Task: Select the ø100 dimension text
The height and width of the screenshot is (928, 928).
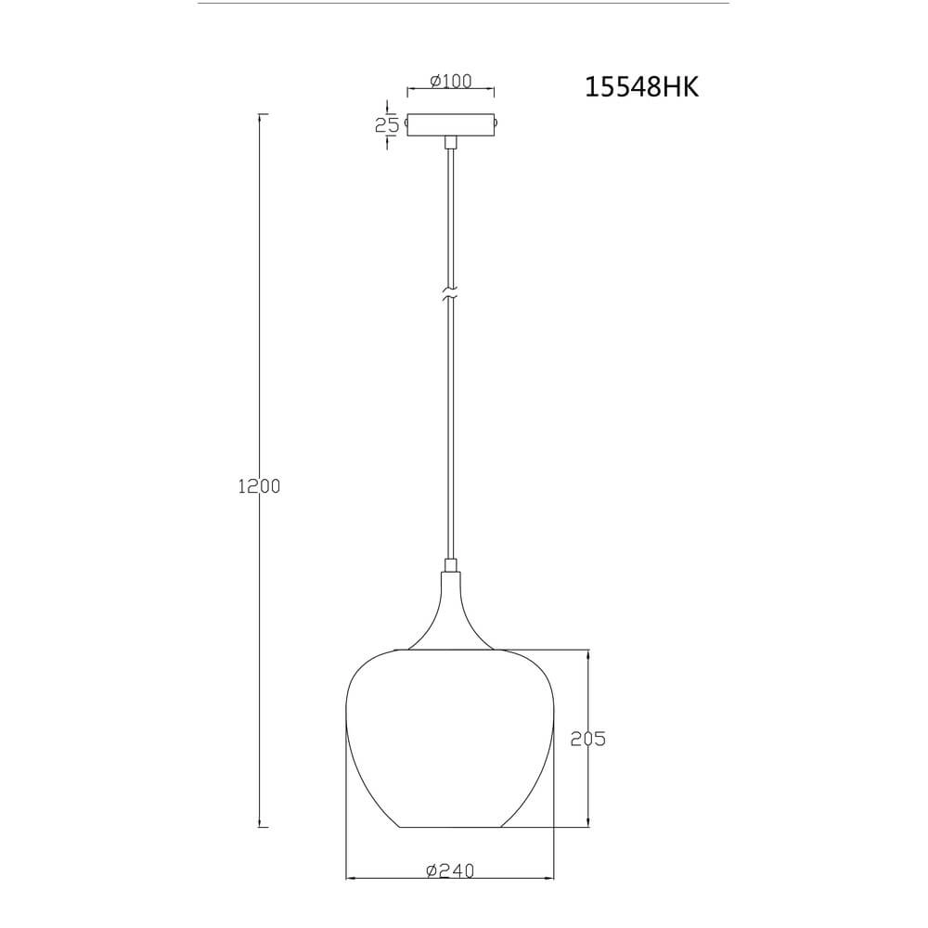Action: tap(451, 81)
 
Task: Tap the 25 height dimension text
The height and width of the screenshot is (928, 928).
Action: tap(387, 125)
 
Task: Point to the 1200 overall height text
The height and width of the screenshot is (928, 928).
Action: tap(259, 485)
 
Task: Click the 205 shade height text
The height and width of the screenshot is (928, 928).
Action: tap(587, 739)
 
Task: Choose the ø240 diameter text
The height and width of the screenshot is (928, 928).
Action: tap(450, 870)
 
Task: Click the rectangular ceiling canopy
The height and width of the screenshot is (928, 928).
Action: tap(451, 125)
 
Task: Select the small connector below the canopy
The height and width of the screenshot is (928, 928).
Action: tap(451, 142)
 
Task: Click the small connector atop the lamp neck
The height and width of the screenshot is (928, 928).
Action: tap(451, 564)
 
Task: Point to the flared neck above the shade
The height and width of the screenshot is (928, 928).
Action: tap(451, 612)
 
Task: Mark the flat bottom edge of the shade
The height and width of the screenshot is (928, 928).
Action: tap(451, 827)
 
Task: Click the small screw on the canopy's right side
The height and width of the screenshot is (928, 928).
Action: tap(496, 122)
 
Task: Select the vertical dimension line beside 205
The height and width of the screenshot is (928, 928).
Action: tap(587, 687)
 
